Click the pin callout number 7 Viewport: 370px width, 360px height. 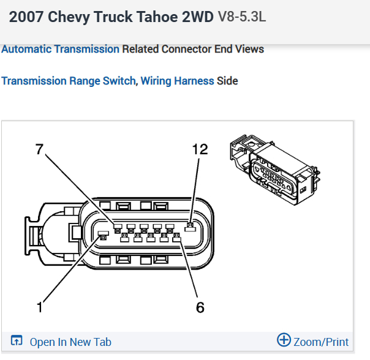click(x=40, y=149)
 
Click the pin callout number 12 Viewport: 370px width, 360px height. click(x=200, y=149)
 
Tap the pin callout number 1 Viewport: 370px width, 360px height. click(x=40, y=307)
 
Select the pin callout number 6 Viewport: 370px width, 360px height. click(x=200, y=307)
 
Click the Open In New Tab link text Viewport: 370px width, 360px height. click(x=70, y=342)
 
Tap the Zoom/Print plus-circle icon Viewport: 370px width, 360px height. click(x=284, y=340)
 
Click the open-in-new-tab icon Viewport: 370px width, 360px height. click(x=17, y=340)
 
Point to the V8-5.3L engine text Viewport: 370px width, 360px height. click(x=242, y=17)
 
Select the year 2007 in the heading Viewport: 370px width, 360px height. click(x=26, y=17)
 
